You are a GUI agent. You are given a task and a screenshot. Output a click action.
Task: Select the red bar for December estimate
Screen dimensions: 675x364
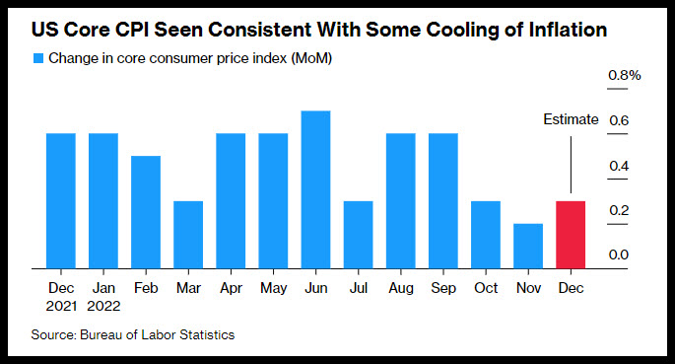571,235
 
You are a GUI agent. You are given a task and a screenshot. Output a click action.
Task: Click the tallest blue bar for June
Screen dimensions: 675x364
315,189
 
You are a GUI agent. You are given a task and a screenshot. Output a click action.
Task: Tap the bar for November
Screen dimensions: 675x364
528,246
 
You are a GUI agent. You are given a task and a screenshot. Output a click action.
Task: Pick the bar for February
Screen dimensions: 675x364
146,212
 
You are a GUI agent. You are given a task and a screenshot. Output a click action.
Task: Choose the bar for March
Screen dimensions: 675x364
188,235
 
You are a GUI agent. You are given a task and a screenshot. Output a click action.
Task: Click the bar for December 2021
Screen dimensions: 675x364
61,201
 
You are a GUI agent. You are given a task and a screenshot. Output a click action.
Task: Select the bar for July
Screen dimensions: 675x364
358,235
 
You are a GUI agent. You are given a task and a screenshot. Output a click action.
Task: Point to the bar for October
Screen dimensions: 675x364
486,235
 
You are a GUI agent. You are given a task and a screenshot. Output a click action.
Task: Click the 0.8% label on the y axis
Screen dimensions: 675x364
624,75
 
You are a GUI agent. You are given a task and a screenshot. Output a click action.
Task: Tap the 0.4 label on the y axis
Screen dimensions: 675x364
619,166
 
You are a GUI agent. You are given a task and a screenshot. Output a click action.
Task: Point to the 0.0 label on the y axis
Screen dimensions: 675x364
619,255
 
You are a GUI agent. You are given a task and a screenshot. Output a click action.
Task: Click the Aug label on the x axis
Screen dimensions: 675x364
401,288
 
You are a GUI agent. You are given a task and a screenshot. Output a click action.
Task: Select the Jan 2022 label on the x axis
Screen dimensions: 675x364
103,297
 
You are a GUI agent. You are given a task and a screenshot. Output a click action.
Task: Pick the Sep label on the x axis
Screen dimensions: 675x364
443,288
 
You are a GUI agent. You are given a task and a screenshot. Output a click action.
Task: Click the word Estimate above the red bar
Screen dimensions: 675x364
571,119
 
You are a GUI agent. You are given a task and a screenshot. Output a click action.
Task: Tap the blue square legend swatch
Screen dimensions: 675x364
38,58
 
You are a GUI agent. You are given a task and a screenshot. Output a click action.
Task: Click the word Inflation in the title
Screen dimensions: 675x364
568,30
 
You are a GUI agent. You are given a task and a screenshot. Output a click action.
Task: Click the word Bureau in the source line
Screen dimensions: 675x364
101,334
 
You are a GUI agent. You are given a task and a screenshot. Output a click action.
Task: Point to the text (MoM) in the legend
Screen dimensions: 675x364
311,58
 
